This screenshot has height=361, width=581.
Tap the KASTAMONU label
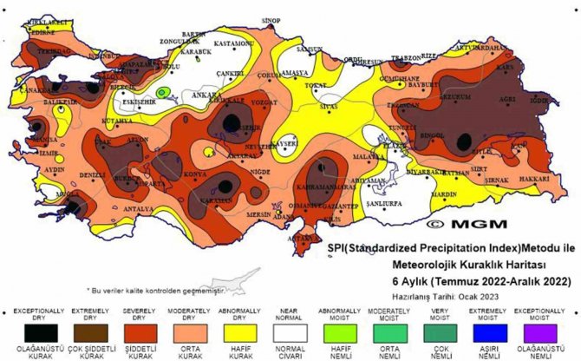[x=233, y=43]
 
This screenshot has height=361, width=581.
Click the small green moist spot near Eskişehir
[x=162, y=92]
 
